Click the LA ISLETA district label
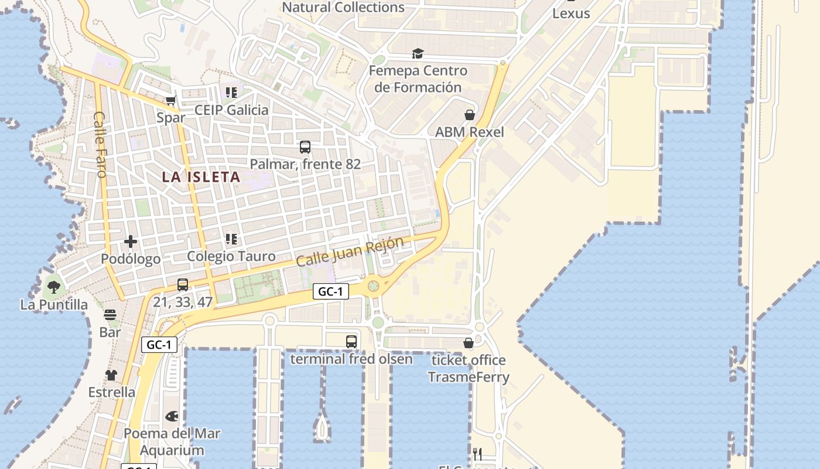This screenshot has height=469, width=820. (x=201, y=177)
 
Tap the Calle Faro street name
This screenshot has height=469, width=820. (x=100, y=144)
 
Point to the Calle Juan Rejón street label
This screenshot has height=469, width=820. (x=350, y=252)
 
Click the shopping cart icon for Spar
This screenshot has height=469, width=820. (x=170, y=101)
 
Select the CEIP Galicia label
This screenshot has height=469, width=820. (x=231, y=110)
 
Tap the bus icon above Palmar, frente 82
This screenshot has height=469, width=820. (x=305, y=147)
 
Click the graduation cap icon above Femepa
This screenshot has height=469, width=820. (x=418, y=54)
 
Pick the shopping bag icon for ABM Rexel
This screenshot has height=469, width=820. (x=469, y=115)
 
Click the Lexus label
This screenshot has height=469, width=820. (x=571, y=13)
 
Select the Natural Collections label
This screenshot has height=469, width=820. (x=343, y=8)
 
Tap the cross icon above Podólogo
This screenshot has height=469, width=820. (x=131, y=242)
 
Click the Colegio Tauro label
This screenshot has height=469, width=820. (x=231, y=256)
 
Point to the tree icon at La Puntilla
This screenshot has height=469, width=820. (x=54, y=287)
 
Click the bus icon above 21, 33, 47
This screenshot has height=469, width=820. (x=183, y=285)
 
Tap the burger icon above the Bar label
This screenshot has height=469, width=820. (x=110, y=315)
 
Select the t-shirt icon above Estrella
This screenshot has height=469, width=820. (x=111, y=375)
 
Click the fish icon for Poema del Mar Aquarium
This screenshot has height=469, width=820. (x=172, y=416)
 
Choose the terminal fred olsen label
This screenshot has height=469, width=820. (x=351, y=359)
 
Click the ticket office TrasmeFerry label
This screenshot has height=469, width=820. (x=468, y=368)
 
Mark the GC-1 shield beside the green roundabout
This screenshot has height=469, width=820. (x=330, y=291)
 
